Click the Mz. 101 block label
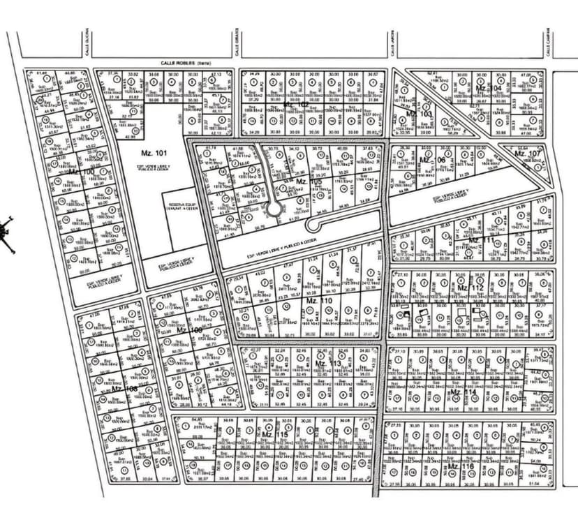[x=155, y=153]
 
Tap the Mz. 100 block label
[x=82, y=171]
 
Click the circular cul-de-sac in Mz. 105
[x=274, y=209]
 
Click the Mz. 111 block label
[x=480, y=240]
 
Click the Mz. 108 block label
[x=124, y=389]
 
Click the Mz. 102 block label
[x=296, y=104]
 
